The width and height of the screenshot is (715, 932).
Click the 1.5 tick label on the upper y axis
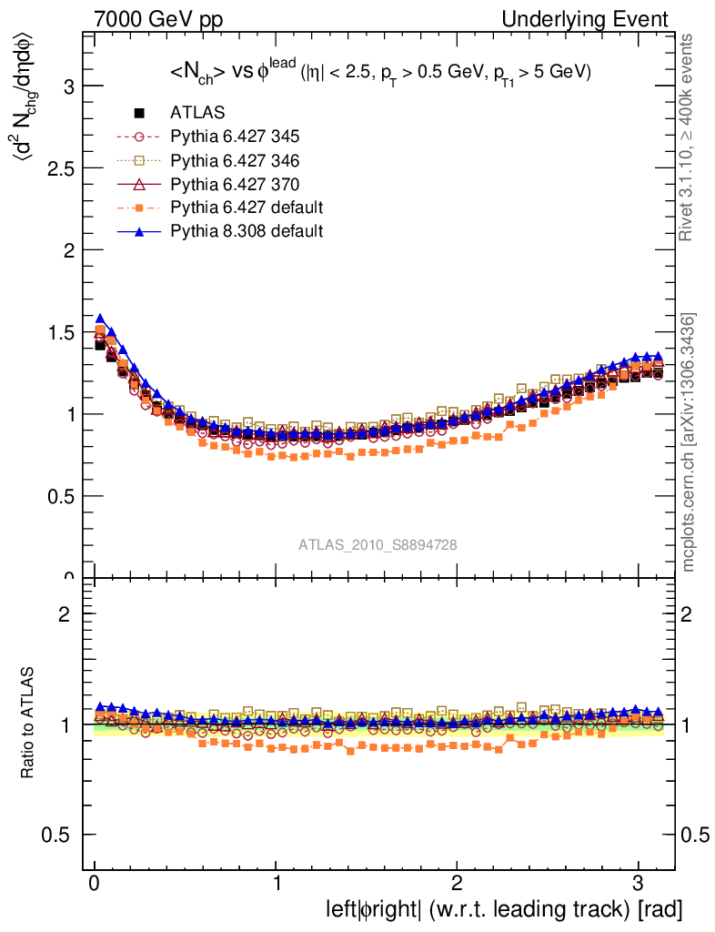60,332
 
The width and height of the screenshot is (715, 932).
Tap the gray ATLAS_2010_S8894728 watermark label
378,545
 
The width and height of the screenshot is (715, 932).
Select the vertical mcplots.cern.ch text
689,441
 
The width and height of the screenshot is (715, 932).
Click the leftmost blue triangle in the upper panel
100,319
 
